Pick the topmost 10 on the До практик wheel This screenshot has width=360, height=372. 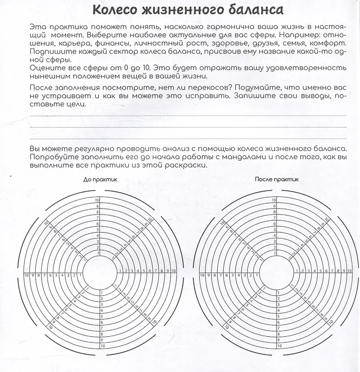pyautogui.click(x=98, y=200)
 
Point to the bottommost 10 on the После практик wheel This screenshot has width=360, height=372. pyautogui.click(x=273, y=345)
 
